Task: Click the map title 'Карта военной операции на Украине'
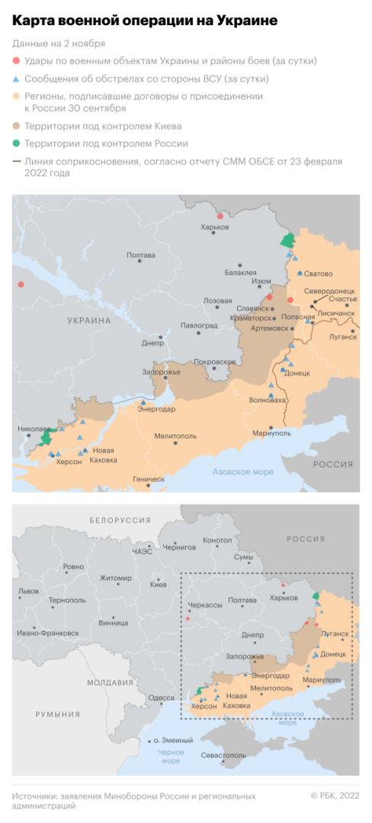[144, 21]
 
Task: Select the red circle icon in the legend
[17, 60]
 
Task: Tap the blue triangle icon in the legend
[17, 78]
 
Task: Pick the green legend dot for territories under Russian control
[17, 143]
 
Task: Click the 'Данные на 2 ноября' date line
[59, 43]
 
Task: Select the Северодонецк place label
[329, 291]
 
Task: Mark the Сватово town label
[318, 273]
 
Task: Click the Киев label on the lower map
[159, 584]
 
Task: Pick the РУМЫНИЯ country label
[58, 714]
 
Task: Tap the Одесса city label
[161, 697]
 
